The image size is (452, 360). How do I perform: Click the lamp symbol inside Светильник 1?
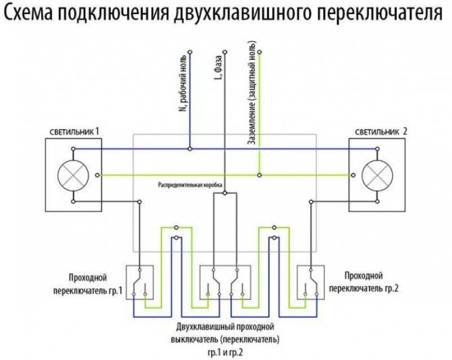click(x=72, y=175)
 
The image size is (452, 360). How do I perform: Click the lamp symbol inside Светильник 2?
click(x=377, y=175)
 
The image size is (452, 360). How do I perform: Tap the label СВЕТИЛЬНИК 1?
click(x=74, y=130)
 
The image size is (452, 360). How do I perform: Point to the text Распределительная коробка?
click(x=190, y=184)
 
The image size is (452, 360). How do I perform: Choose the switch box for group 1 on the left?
click(x=141, y=282)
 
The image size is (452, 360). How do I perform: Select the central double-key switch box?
click(x=225, y=282)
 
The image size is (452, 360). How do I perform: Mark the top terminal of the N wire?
click(x=190, y=51)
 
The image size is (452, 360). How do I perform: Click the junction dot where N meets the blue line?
click(x=190, y=148)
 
